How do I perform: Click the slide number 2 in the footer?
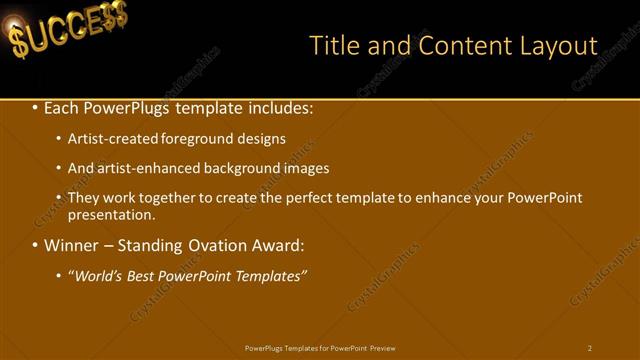[x=590, y=348]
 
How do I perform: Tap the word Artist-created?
[x=111, y=139]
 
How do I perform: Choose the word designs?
[x=262, y=139]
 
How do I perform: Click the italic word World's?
[x=96, y=276]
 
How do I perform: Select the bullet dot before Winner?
[x=35, y=245]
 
